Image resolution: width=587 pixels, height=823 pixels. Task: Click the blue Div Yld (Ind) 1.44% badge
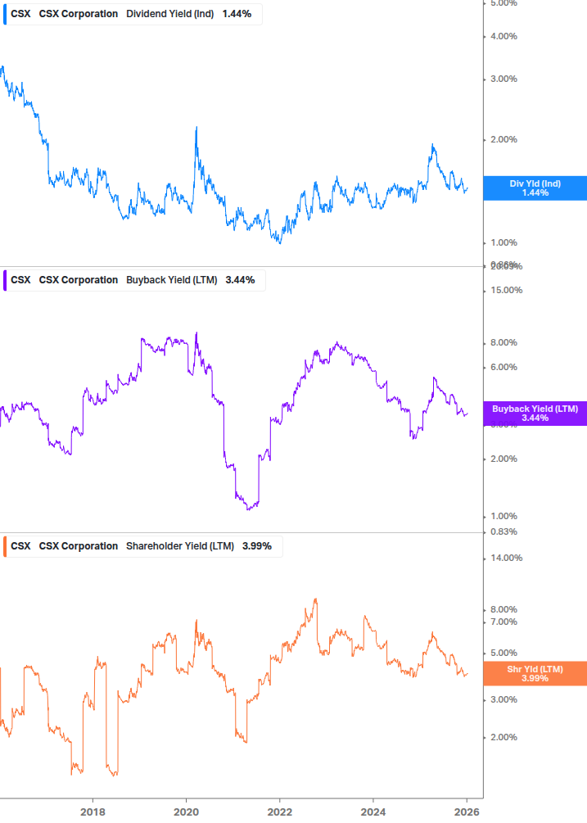pos(535,188)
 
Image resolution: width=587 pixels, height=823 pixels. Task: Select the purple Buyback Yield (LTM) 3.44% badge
pos(535,413)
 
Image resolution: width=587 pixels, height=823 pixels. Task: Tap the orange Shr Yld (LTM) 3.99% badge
pos(535,673)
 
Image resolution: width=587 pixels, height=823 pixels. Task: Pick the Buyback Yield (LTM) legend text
pos(171,280)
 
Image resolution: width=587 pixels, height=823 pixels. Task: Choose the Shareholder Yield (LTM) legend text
pos(179,546)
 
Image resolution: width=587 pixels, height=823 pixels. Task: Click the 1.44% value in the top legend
pos(237,14)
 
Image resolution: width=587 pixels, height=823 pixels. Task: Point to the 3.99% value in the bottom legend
pos(256,546)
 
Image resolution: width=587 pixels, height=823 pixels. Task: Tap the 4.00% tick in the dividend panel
pos(503,36)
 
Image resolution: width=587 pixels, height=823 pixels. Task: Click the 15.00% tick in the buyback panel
pos(506,290)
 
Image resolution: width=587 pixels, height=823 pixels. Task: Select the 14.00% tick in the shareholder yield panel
pos(506,558)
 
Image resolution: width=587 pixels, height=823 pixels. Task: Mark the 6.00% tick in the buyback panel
pos(503,367)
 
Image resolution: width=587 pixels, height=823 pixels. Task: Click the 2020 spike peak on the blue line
pos(196,128)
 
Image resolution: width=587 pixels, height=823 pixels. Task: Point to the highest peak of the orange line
pos(315,599)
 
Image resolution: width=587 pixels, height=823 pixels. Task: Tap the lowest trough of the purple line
pos(249,509)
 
